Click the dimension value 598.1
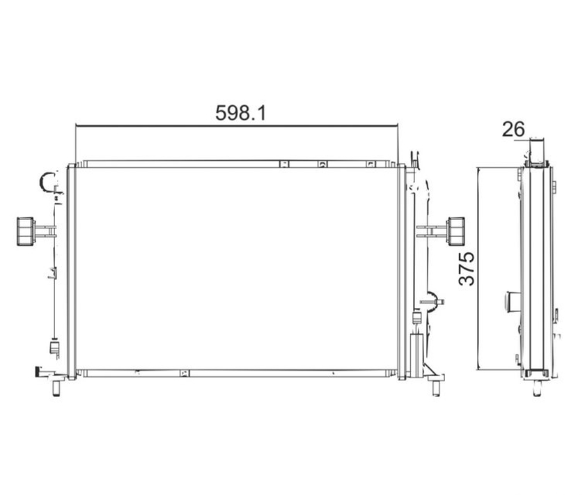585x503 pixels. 241,113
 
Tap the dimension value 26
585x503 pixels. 513,129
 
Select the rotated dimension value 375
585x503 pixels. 467,269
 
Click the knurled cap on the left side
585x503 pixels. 25,231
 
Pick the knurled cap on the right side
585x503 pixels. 455,231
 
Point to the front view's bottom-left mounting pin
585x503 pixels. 56,389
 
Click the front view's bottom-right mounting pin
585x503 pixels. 436,388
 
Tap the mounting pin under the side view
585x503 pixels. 536,388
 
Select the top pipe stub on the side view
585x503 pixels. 537,151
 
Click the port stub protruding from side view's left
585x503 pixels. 513,302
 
